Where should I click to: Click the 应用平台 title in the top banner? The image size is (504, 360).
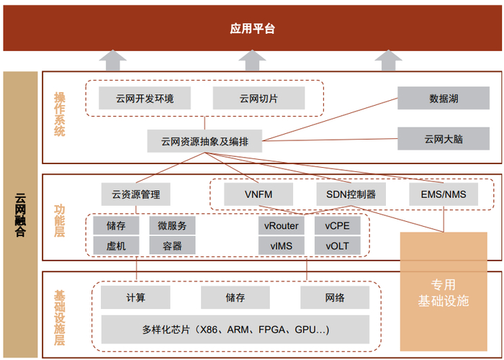252,29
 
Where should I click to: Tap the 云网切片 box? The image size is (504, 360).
258,98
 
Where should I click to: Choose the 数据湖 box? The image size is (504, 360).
443,98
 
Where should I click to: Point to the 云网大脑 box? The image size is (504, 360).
443,138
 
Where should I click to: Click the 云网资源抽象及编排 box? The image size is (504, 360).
204,140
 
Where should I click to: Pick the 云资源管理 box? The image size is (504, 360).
135,194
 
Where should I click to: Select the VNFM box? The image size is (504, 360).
258,194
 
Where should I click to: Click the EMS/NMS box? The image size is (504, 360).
443,194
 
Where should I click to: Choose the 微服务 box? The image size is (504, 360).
172,225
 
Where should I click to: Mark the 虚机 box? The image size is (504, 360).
116,246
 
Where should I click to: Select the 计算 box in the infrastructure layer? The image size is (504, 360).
135,297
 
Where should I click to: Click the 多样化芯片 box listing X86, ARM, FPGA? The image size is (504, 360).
235,330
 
